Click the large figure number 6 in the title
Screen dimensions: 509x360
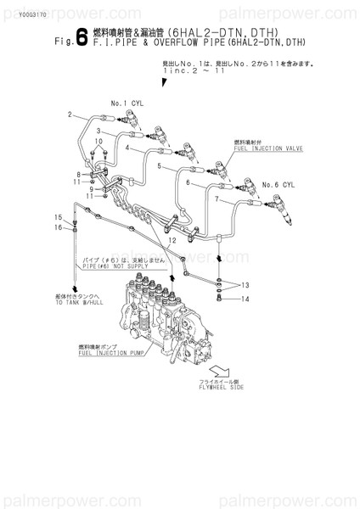point(81,37)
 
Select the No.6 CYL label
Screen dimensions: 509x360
point(278,184)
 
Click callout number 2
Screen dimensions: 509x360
point(70,114)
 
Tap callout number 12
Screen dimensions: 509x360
point(172,240)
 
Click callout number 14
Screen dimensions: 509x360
point(243,298)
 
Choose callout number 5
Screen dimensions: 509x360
point(158,165)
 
